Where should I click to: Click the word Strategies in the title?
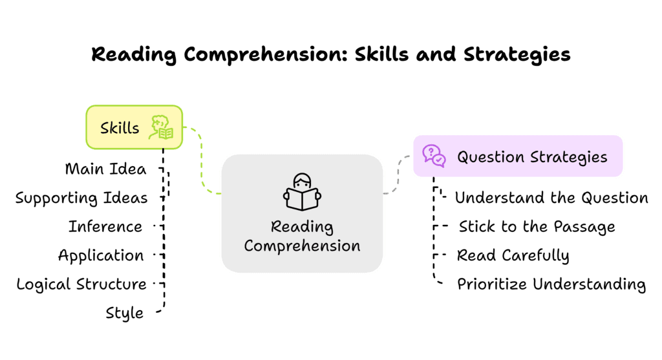click(517, 54)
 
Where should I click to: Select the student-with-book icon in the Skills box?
click(161, 127)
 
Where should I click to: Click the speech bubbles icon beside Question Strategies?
click(434, 156)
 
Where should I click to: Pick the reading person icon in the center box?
click(302, 191)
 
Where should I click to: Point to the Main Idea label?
click(105, 169)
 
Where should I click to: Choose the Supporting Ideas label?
click(81, 198)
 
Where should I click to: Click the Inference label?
click(105, 227)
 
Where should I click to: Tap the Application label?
click(101, 255)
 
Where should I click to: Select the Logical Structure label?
click(81, 284)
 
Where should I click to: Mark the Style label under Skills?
click(125, 313)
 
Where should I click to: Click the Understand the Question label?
click(551, 198)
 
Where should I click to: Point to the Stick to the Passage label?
click(537, 227)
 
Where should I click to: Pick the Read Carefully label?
click(513, 255)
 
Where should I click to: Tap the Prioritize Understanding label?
click(551, 284)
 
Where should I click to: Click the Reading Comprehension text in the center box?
click(302, 237)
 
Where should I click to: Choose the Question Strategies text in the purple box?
click(532, 157)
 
